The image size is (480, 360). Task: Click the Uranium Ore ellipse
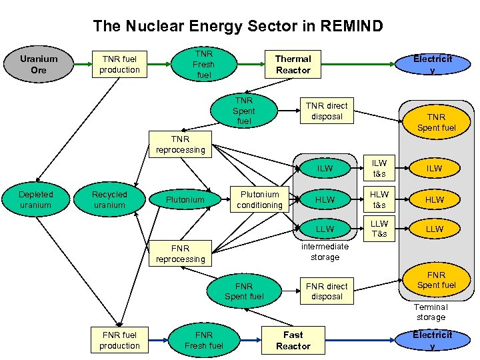tap(39, 65)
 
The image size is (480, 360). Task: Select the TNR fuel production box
tap(119, 65)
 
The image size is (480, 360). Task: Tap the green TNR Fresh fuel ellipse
tap(203, 65)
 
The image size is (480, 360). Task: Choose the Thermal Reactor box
tap(293, 65)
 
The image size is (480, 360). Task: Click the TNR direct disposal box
tap(326, 111)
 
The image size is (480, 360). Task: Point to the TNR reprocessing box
tap(180, 145)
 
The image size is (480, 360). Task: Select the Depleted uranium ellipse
tap(35, 200)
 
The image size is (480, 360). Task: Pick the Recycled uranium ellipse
tap(109, 200)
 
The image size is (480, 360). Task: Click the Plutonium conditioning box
tap(259, 200)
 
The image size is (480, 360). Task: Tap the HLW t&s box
tap(379, 200)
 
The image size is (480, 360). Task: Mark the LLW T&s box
tap(379, 229)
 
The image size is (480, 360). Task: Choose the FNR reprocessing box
tap(180, 254)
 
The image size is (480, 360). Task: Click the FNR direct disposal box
tap(326, 291)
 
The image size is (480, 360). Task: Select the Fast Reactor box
tap(293, 341)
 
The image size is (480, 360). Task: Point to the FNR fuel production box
tap(119, 341)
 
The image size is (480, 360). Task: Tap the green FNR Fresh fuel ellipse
tap(203, 341)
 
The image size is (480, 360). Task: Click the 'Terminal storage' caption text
tap(431, 312)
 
